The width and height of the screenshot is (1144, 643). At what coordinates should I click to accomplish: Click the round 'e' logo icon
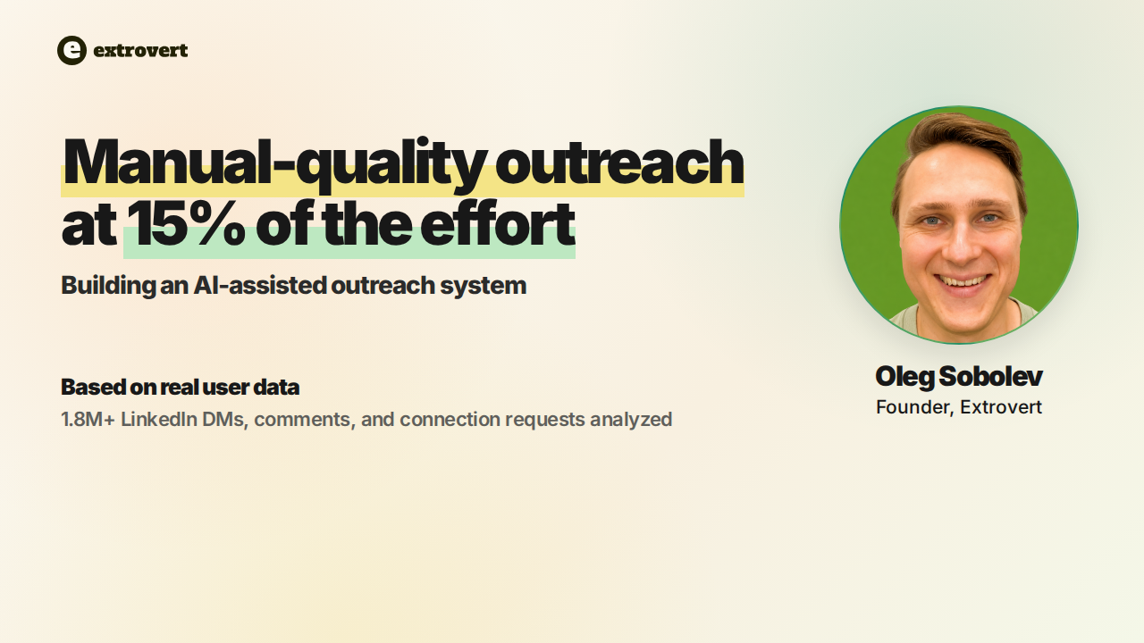(x=71, y=50)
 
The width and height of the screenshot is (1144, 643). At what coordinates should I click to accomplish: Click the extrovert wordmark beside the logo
(x=140, y=51)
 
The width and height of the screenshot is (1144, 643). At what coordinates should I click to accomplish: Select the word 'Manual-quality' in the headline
(x=273, y=163)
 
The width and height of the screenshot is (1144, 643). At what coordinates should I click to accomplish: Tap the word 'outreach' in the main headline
(x=619, y=163)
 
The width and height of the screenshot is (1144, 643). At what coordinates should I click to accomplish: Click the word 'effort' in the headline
(x=498, y=222)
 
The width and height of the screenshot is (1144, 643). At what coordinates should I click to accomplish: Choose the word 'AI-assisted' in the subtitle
(x=259, y=285)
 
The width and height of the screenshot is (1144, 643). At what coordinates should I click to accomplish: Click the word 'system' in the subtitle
(x=484, y=286)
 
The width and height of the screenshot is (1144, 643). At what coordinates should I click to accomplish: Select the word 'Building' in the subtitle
(x=108, y=286)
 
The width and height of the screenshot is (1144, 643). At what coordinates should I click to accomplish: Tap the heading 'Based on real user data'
(x=180, y=387)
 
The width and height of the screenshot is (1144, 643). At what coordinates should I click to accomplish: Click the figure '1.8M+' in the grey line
(x=88, y=420)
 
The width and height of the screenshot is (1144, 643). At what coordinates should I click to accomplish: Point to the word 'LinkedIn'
(x=159, y=420)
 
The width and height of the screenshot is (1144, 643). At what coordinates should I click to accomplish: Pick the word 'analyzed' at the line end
(x=631, y=420)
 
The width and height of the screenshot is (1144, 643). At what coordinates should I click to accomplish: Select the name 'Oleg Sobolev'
(x=959, y=377)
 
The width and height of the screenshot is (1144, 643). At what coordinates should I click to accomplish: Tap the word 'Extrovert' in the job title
(x=1000, y=407)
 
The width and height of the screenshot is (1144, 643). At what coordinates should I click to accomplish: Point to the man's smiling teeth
(x=963, y=280)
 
